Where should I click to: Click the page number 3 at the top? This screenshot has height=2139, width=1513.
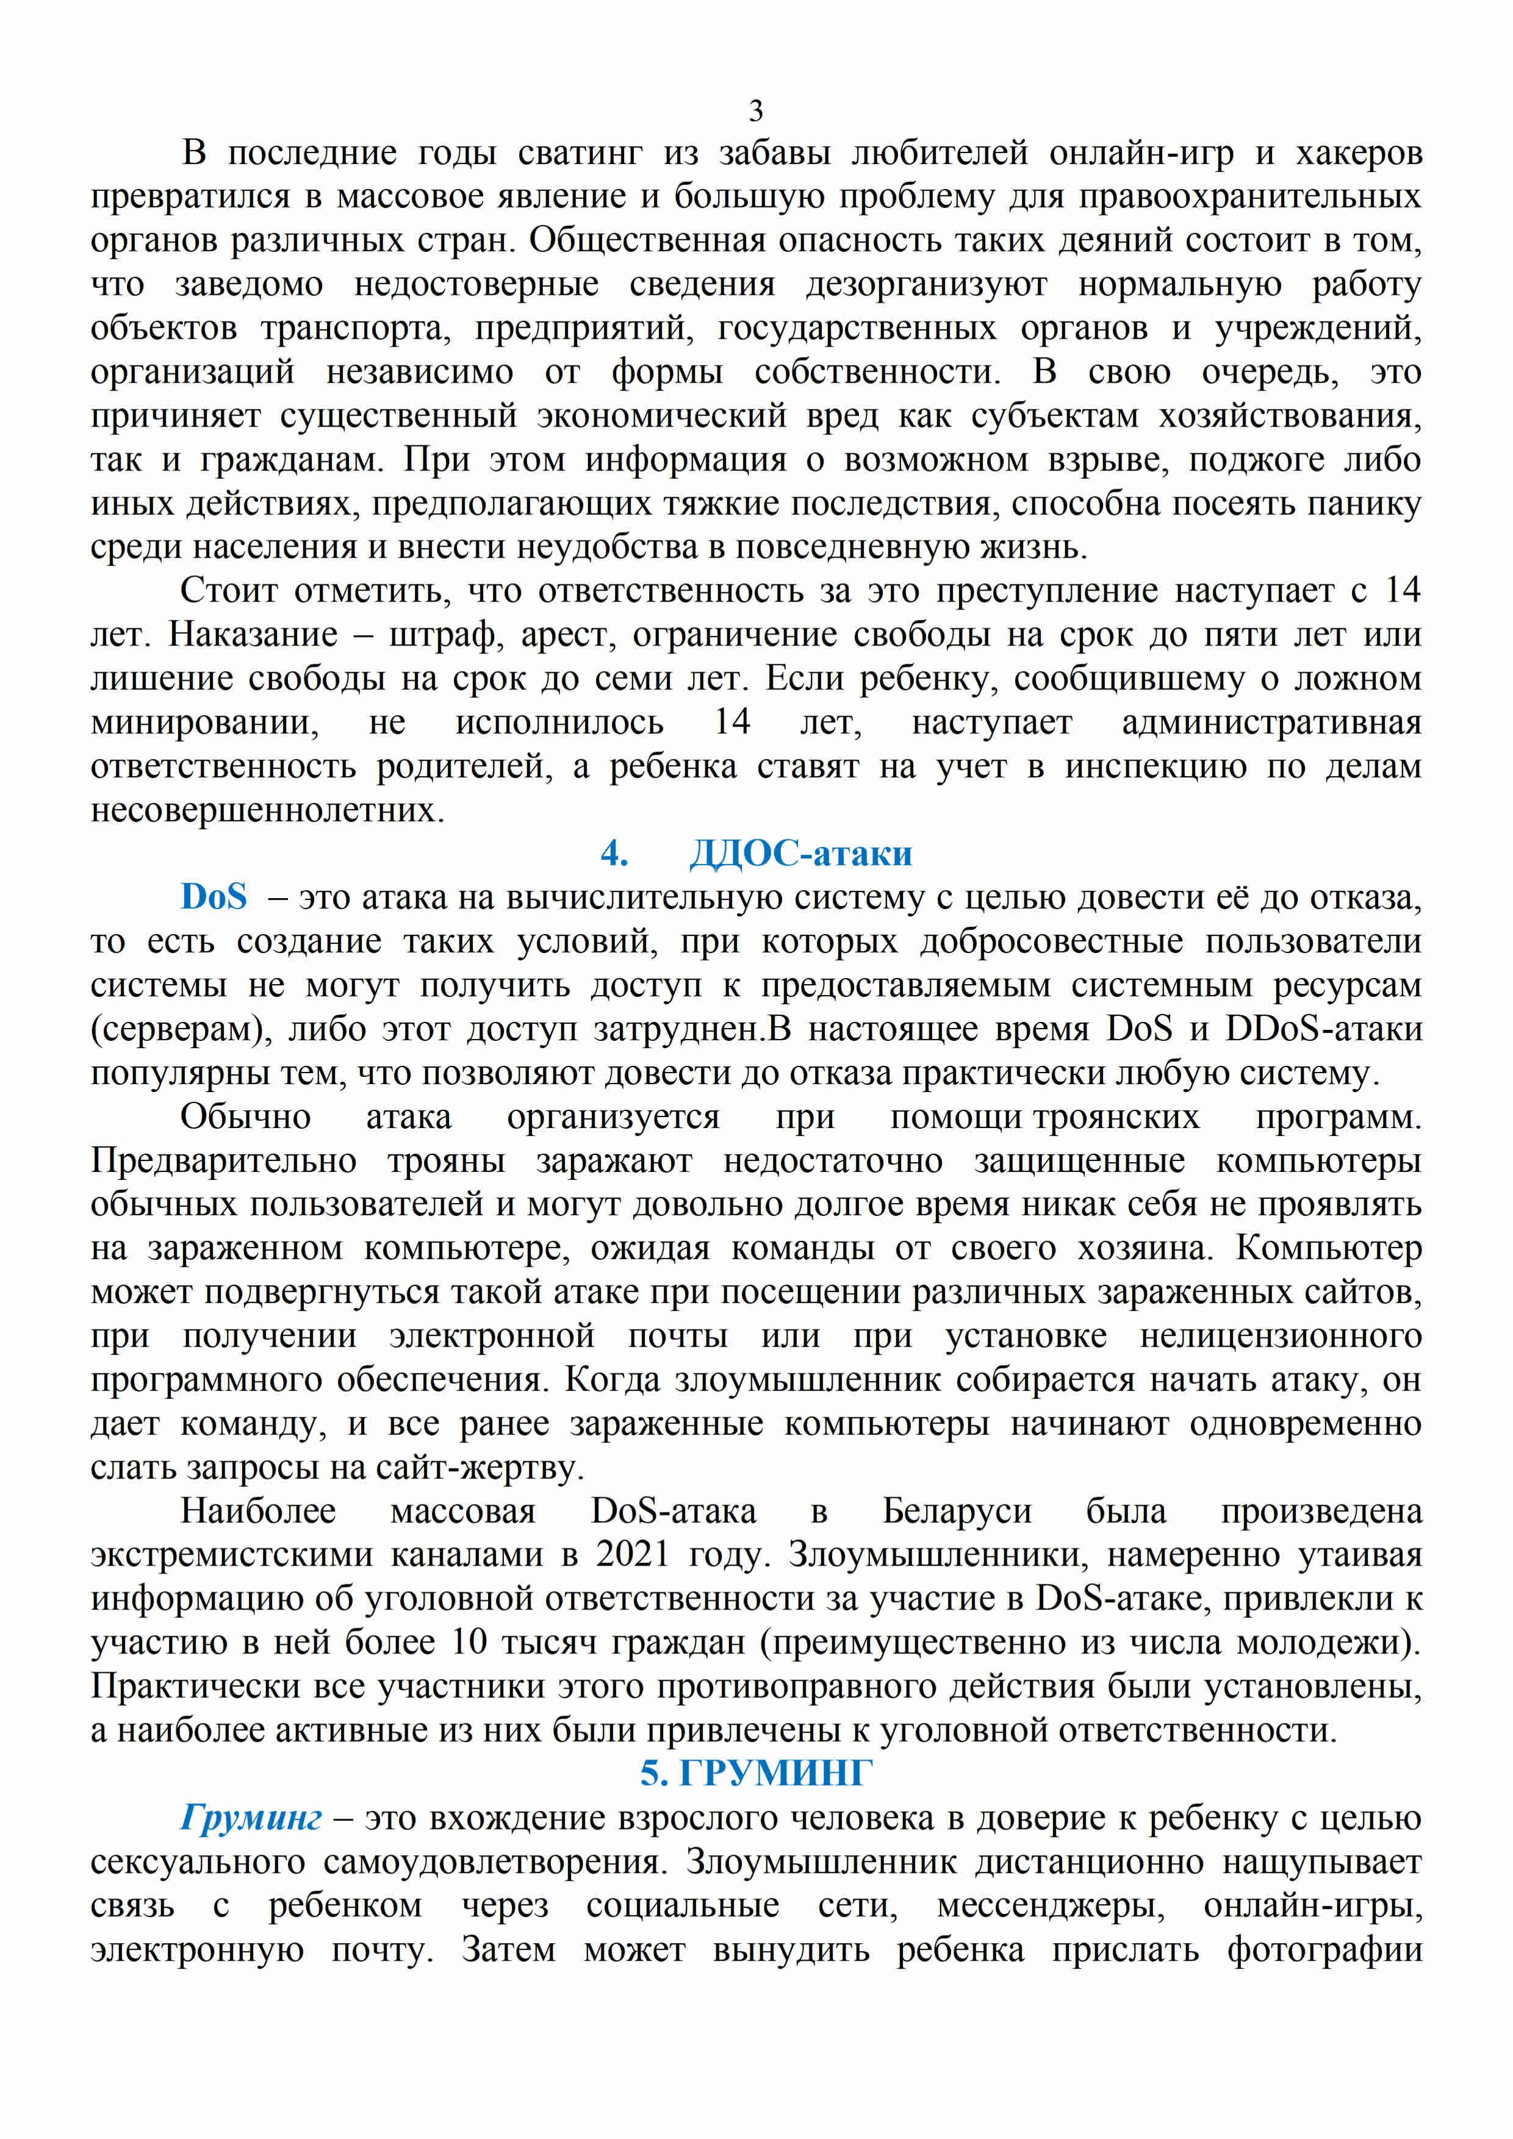(x=755, y=111)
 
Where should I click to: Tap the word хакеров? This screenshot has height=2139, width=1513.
(x=1359, y=153)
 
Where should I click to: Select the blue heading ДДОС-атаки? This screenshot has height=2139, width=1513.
(x=800, y=854)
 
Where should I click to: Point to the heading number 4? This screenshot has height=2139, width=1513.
(x=614, y=854)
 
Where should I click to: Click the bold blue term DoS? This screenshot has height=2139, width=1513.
(x=214, y=897)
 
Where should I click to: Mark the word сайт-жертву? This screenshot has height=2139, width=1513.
(x=480, y=1467)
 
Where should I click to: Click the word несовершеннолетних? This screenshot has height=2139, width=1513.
(x=267, y=810)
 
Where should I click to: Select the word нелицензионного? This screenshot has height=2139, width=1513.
(x=1281, y=1336)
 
